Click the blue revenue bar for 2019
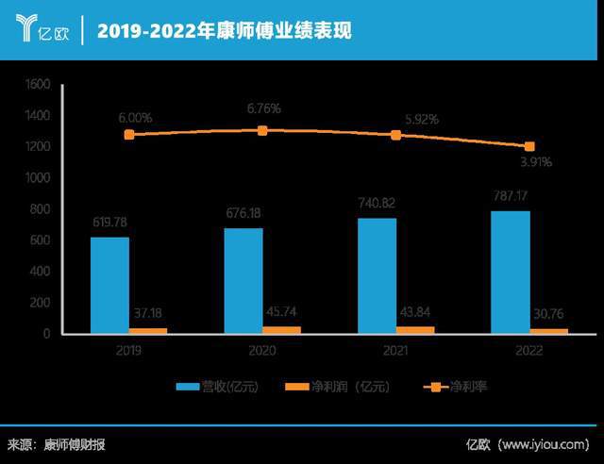click(109, 285)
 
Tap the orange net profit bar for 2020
click(281, 330)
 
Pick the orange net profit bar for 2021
click(415, 330)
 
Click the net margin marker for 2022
click(529, 147)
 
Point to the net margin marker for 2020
click(262, 130)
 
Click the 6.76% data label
click(262, 108)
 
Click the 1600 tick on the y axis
click(36, 85)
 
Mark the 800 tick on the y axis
click(39, 209)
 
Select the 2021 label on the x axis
click(396, 348)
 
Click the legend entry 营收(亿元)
click(217, 387)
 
